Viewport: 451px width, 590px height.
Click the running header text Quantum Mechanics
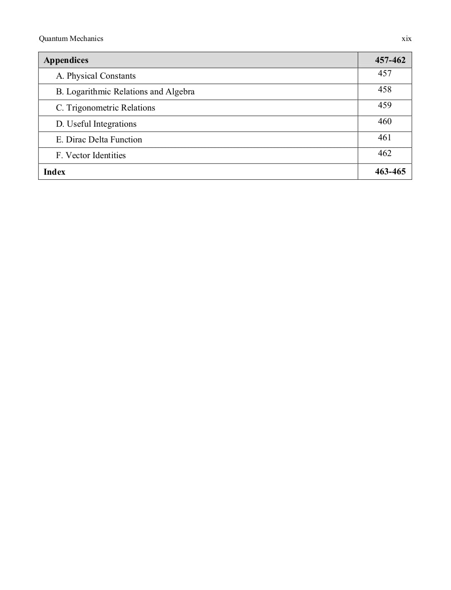tap(71, 39)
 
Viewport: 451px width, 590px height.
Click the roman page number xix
tap(406, 39)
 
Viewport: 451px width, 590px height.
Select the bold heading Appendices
tap(66, 60)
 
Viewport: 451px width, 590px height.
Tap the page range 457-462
tap(390, 60)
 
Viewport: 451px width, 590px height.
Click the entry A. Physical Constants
tap(96, 76)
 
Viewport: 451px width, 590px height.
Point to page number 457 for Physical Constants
tap(384, 73)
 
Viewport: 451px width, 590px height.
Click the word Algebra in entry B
tap(180, 92)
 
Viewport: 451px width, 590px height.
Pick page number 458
tap(384, 89)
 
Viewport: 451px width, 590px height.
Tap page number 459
tap(384, 105)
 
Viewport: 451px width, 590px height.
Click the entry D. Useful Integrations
tap(96, 124)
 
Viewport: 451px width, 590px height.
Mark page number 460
tap(384, 121)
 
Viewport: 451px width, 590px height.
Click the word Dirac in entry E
tap(76, 140)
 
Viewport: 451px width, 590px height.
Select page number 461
tap(384, 137)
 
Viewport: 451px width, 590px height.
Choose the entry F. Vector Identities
tap(91, 155)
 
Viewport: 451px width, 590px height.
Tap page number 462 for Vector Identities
tap(384, 153)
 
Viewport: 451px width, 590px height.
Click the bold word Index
tap(54, 172)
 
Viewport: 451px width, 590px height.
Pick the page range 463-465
tap(390, 171)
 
